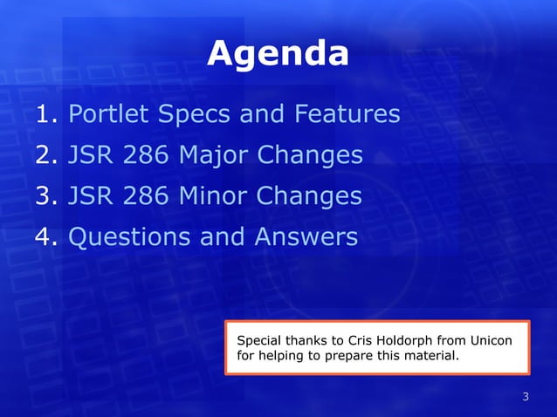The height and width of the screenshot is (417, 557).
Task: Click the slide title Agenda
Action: coord(278,55)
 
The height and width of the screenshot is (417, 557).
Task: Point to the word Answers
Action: coord(306,237)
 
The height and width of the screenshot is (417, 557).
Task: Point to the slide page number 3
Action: coord(526,398)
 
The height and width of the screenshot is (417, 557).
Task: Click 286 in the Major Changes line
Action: coord(145,156)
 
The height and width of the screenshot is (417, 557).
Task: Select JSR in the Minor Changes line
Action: coord(90,196)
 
